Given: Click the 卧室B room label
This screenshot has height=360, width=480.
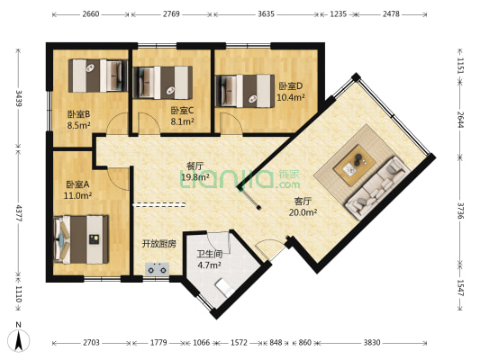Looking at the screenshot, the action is click(78, 114).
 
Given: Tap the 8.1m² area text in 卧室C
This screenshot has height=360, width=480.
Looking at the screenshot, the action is click(182, 121).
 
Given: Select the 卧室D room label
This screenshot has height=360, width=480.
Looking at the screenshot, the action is click(291, 86).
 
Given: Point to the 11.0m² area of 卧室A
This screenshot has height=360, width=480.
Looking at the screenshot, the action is click(77, 195).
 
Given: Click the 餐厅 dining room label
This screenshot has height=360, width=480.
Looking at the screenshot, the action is click(195, 166).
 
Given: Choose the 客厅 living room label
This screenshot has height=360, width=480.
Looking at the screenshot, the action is click(303, 202).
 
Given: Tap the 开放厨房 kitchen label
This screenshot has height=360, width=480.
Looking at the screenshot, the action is click(158, 244).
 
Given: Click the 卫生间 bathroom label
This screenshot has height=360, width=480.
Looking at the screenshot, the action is click(210, 254).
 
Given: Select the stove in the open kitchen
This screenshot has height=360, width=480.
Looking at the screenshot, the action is click(158, 269).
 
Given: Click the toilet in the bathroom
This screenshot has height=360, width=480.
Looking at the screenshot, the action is click(225, 287).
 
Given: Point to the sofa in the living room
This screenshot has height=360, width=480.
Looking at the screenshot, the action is click(377, 188).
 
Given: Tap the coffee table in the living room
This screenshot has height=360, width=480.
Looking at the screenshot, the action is click(355, 166).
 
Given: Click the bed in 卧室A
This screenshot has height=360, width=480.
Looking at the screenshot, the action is click(81, 239).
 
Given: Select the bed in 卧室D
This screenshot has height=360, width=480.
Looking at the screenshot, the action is click(245, 91).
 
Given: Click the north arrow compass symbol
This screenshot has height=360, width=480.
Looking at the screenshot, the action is click(18, 340).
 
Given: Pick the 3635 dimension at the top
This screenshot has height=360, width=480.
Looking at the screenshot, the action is click(266, 14).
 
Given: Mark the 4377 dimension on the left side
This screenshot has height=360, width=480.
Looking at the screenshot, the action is click(18, 213).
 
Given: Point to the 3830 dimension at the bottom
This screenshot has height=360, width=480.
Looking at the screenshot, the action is click(372, 343).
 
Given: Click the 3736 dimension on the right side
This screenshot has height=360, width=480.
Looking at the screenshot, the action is click(461, 211).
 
